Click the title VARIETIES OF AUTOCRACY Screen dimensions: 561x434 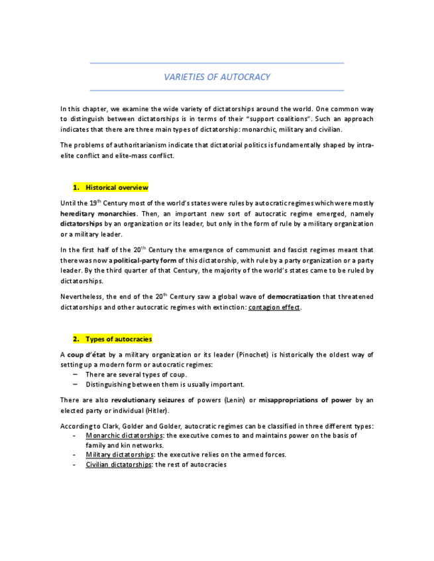[x=217, y=77]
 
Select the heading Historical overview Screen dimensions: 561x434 [x=117, y=187]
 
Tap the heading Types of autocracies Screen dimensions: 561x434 [x=119, y=339]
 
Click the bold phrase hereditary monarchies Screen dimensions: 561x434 [x=98, y=214]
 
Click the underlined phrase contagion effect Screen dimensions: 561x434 [x=274, y=308]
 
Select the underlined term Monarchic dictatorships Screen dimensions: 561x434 [x=124, y=435]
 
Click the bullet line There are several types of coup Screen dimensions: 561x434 [x=136, y=374]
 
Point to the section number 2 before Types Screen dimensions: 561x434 [x=76, y=339]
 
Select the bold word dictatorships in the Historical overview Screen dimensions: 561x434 [x=81, y=224]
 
